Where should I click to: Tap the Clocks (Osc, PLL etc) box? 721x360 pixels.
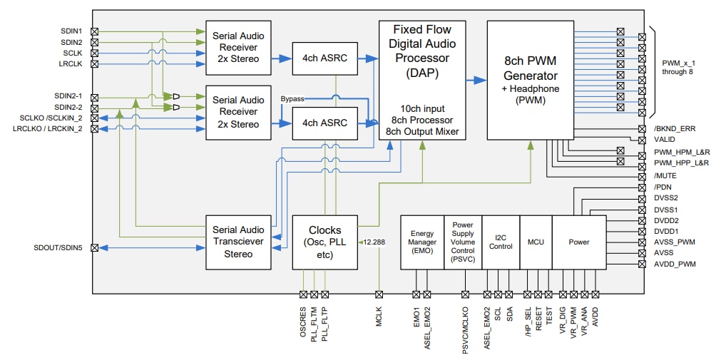click(x=324, y=242)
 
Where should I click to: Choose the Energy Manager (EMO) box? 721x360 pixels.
click(x=422, y=242)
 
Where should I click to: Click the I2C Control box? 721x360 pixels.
click(x=501, y=242)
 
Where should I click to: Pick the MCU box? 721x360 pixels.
click(x=535, y=242)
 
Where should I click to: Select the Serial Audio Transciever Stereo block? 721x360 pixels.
click(x=238, y=242)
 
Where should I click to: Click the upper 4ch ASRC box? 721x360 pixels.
click(x=324, y=58)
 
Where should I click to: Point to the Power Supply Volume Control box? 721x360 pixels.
click(x=463, y=242)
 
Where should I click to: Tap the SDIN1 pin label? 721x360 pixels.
click(x=71, y=31)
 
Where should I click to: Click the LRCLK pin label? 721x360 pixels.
click(x=72, y=63)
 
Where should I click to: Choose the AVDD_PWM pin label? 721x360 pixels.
click(x=675, y=264)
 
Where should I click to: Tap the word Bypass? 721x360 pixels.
click(x=292, y=98)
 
